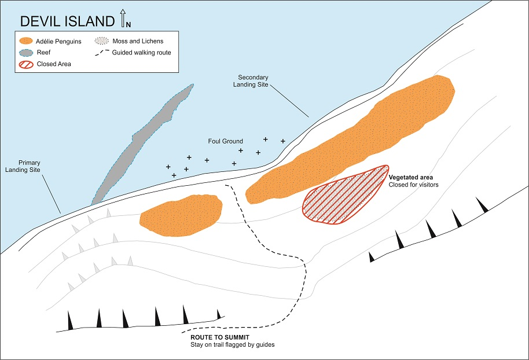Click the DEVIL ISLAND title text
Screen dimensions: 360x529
[x=67, y=22]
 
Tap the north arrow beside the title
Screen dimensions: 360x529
[x=123, y=20]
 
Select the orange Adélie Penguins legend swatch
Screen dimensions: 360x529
[x=24, y=41]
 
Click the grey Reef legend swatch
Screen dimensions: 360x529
[x=24, y=53]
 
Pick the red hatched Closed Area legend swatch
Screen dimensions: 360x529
[x=24, y=64]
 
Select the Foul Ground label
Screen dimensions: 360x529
[x=225, y=141]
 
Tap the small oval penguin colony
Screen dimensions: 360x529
[x=181, y=215]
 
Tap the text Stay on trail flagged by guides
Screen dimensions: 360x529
[x=232, y=346]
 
